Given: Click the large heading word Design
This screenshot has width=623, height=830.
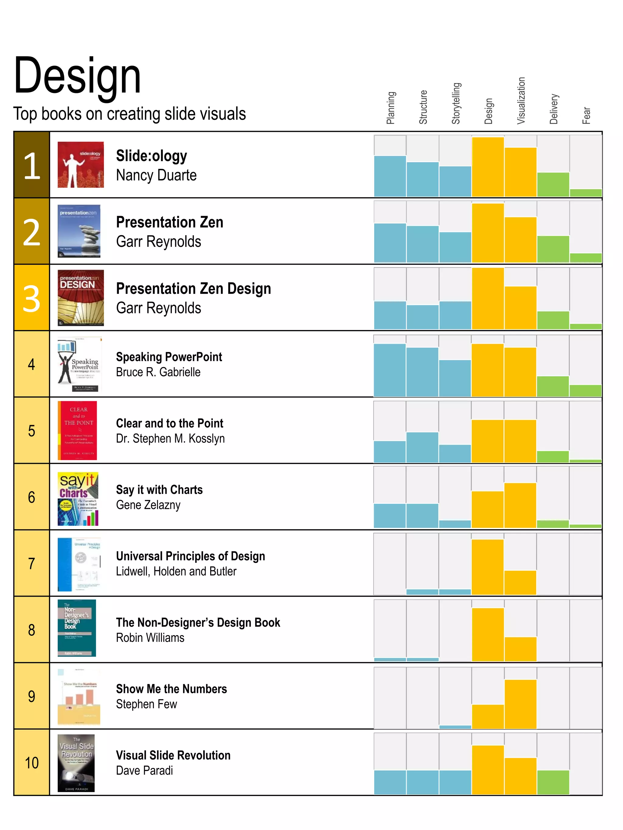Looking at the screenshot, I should (x=77, y=75).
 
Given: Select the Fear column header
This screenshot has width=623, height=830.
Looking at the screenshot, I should (x=586, y=115).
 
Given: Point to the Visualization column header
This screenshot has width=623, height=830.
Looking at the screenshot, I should (x=520, y=101).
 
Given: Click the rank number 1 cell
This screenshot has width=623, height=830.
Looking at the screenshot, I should (x=32, y=165).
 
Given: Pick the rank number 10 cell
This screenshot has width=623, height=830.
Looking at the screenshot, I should (x=32, y=763).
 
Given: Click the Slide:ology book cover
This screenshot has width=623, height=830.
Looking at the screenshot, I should (x=80, y=164).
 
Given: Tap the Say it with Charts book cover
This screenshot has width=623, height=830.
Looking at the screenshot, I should (x=78, y=498).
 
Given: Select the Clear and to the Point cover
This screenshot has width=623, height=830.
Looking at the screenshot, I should (x=77, y=430).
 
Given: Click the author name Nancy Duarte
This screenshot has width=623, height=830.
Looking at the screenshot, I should (x=156, y=175).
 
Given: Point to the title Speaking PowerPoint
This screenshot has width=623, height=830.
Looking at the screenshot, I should (x=169, y=357).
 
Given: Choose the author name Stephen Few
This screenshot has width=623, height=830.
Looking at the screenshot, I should (x=146, y=704).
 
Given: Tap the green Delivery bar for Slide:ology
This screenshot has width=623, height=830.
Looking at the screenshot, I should (x=553, y=184).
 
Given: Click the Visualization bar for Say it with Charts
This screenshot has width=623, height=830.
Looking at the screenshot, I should (x=520, y=505).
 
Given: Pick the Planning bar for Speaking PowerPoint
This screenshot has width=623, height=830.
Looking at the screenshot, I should (x=389, y=370).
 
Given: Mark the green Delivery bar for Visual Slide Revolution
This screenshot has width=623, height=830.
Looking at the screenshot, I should (x=553, y=782).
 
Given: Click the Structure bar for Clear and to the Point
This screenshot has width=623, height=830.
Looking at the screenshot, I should (x=422, y=447).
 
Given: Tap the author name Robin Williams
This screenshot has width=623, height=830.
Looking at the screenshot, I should (x=150, y=638).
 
